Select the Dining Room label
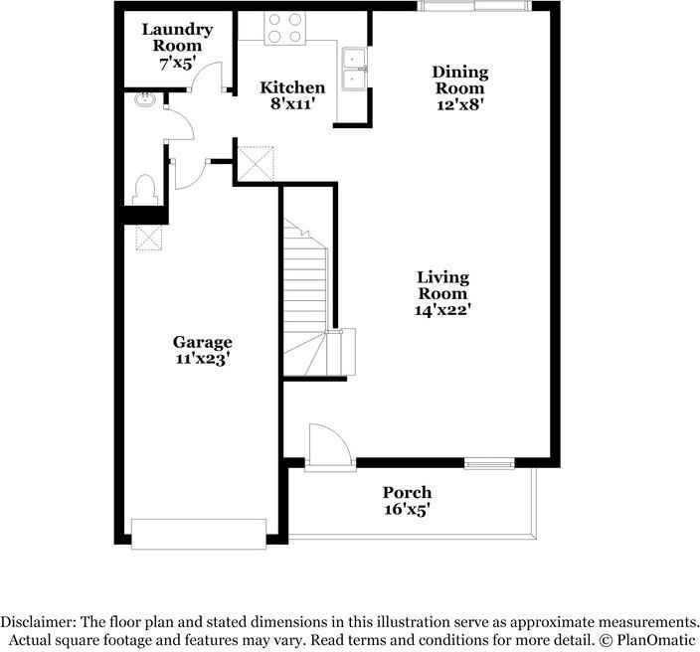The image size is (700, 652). (x=458, y=87)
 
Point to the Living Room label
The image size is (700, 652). (x=442, y=293)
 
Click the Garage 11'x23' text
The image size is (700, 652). (x=203, y=350)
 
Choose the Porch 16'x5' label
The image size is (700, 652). (x=408, y=500)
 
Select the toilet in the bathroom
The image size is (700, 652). (x=144, y=189)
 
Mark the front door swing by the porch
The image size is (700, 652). (x=327, y=444)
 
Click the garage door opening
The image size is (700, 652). (x=200, y=533)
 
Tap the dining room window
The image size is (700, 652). (x=473, y=7)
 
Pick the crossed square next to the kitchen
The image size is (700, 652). (x=255, y=161)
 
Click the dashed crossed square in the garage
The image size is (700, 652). (x=149, y=239)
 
